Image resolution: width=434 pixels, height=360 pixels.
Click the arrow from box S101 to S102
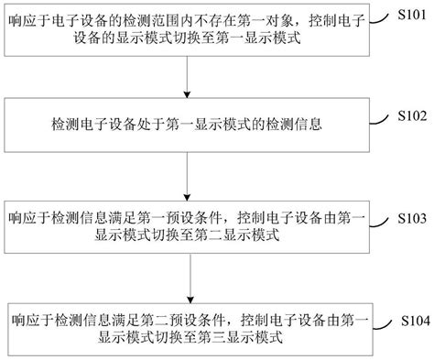188,78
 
